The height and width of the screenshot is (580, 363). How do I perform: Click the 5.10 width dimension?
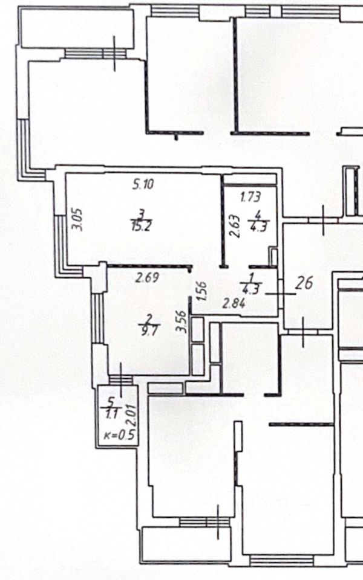(143, 185)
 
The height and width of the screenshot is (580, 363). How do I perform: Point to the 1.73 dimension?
(250, 196)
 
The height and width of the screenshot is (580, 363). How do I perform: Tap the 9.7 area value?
(147, 332)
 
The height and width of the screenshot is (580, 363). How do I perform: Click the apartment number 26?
(306, 283)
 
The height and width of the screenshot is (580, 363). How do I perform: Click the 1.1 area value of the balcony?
(111, 414)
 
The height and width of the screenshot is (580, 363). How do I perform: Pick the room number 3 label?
(141, 213)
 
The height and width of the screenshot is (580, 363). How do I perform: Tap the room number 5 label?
(111, 401)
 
